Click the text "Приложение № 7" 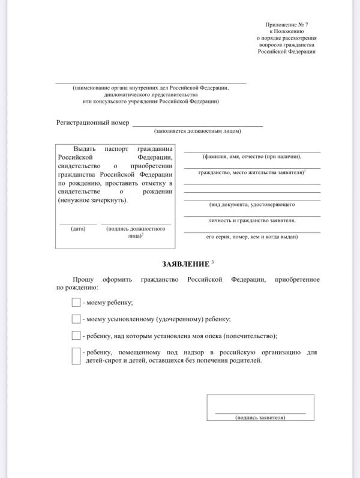(287, 23)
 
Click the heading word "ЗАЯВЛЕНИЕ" (185, 264)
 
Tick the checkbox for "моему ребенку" (76, 302)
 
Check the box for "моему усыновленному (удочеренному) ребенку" (76, 319)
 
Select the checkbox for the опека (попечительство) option (76, 336)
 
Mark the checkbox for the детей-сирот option (76, 356)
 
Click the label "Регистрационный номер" (92, 123)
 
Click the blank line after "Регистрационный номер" (197, 126)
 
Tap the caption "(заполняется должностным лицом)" (197, 131)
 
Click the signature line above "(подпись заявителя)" (260, 413)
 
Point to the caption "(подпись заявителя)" (260, 417)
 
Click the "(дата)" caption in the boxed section (78, 229)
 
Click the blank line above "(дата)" (78, 224)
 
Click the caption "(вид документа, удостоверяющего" (252, 204)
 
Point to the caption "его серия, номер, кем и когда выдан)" (252, 237)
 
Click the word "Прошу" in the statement (83, 279)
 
